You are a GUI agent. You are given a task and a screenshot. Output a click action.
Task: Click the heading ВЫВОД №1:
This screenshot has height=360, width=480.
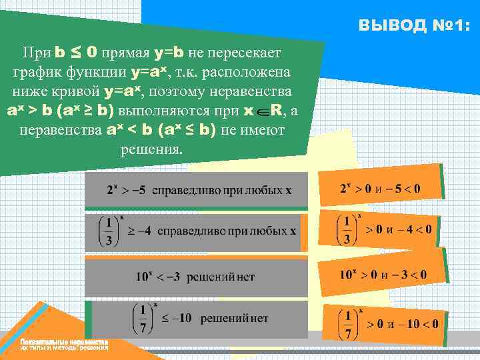pyautogui.click(x=413, y=26)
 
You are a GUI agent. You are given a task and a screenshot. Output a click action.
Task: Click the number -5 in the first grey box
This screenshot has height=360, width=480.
pyautogui.click(x=137, y=190)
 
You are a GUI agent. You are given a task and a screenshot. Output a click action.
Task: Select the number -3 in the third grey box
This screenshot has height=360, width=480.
pyautogui.click(x=170, y=275)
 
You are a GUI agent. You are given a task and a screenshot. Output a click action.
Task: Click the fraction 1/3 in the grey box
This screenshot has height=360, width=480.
pyautogui.click(x=107, y=231)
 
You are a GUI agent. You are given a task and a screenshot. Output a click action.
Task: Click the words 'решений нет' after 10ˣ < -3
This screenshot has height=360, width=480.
pyautogui.click(x=221, y=275)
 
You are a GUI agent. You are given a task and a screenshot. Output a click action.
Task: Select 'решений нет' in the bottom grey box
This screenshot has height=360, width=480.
pyautogui.click(x=234, y=318)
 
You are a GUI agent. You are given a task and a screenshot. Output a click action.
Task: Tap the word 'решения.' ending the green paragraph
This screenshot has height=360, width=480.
pyautogui.click(x=151, y=147)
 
